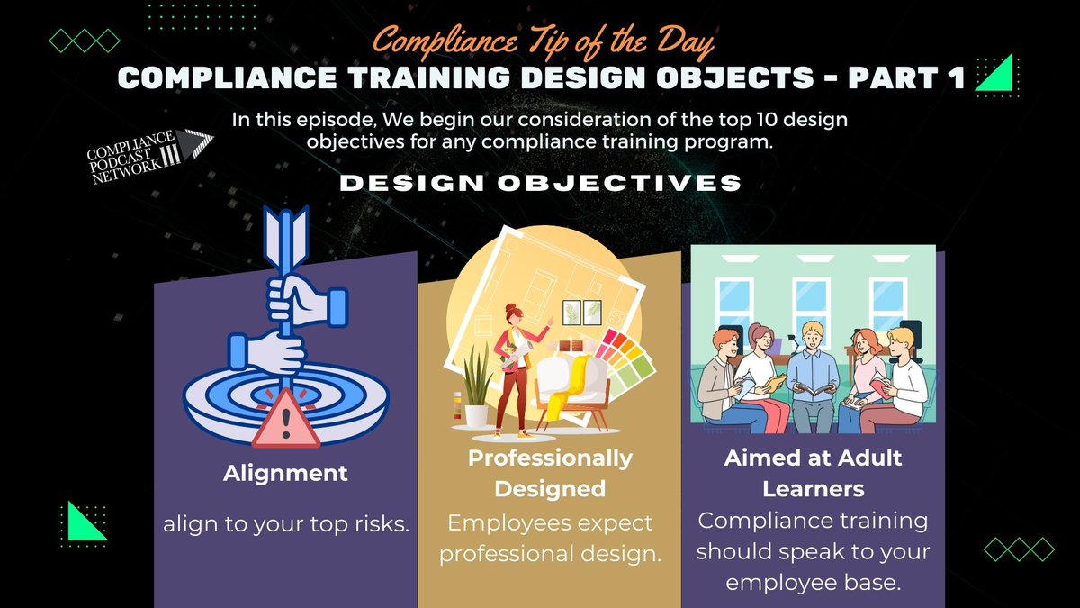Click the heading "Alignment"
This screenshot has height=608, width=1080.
tap(285, 473)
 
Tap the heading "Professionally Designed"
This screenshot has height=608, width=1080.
tap(549, 474)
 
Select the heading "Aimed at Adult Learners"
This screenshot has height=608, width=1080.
tap(814, 473)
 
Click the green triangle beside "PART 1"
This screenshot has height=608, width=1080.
tap(994, 72)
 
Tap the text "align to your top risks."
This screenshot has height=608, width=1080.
tap(285, 525)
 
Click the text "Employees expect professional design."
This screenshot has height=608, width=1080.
tap(549, 539)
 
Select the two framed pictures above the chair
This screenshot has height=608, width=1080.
tap(580, 311)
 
